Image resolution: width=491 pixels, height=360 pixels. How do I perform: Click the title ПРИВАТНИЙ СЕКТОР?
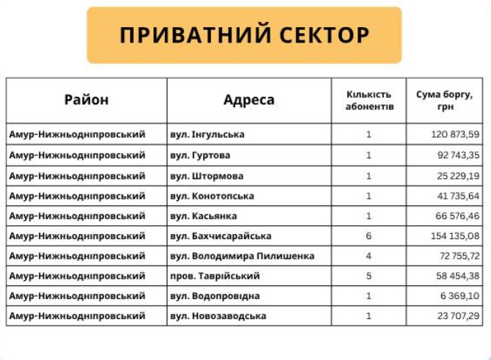[x=245, y=36]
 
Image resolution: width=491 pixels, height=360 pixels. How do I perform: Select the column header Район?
[x=86, y=100]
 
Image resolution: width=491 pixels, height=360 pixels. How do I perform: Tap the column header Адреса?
[x=249, y=100]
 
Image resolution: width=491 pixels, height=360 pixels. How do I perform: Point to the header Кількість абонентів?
[x=369, y=100]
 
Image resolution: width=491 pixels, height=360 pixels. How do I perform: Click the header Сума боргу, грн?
[x=449, y=100]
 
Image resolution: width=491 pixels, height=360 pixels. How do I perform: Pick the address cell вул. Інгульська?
[x=207, y=134]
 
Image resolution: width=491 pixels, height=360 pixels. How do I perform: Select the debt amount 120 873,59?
[x=455, y=134]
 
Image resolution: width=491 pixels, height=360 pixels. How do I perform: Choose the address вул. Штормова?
[x=207, y=176]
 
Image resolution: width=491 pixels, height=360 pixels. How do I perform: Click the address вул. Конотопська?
[x=212, y=196]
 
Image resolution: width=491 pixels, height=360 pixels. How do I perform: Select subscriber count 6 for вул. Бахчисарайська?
[x=369, y=236]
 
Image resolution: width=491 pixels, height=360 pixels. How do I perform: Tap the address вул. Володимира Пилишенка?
[x=242, y=256]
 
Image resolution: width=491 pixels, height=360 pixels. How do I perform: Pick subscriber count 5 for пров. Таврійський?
[x=369, y=276]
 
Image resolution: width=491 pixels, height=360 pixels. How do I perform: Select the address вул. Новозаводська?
[x=218, y=316]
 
